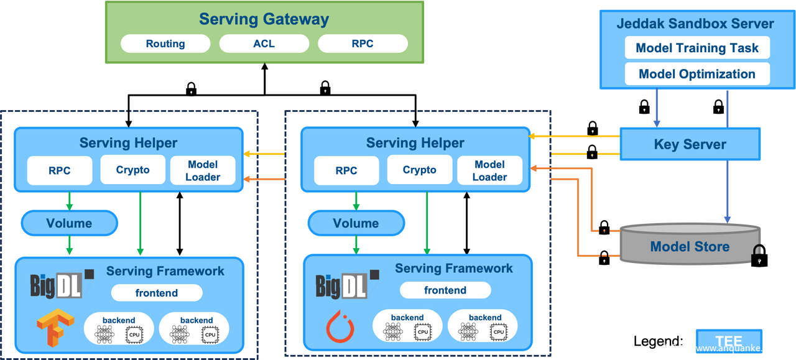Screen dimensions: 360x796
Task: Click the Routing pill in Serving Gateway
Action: [x=165, y=44]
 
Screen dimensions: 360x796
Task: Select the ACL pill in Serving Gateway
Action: [x=264, y=44]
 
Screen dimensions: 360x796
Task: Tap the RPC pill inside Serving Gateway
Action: [x=363, y=44]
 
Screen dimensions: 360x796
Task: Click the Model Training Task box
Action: [x=697, y=48]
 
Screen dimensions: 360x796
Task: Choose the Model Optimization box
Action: [x=697, y=74]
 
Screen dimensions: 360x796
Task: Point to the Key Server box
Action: [x=690, y=144]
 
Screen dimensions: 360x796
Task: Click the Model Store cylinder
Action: [x=690, y=246]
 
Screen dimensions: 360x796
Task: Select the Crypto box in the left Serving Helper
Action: [x=133, y=170]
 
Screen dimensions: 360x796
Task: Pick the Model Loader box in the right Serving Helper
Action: [x=489, y=170]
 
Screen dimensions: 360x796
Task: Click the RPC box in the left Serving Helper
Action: [x=60, y=170]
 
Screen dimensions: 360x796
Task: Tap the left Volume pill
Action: [x=69, y=223]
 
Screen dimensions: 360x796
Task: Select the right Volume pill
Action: [x=356, y=223]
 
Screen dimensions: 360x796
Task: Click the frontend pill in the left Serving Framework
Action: [x=157, y=293]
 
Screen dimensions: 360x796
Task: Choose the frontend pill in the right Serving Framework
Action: [x=445, y=290]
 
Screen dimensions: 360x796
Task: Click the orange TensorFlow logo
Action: [x=50, y=328]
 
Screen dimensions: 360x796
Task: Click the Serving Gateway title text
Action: [x=264, y=19]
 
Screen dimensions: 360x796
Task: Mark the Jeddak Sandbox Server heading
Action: [x=695, y=24]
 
